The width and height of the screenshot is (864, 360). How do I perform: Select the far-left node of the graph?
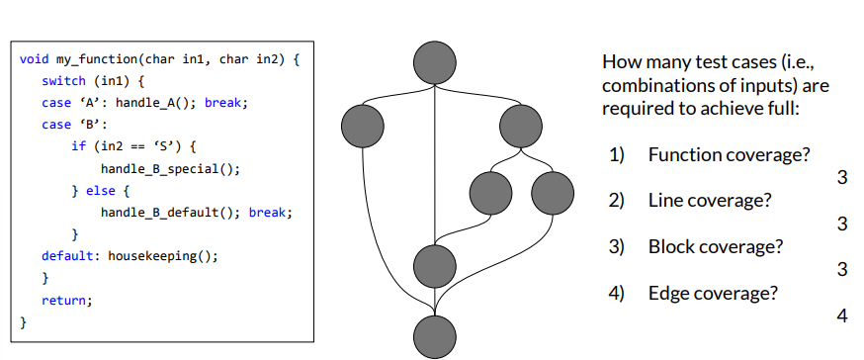pyautogui.click(x=361, y=125)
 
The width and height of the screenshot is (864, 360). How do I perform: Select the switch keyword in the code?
pyautogui.click(x=63, y=81)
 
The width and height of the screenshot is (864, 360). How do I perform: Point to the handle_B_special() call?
pyautogui.click(x=170, y=168)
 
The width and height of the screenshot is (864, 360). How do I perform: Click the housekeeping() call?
pyautogui.click(x=162, y=255)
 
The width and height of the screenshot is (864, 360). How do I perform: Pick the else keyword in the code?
pyautogui.click(x=102, y=190)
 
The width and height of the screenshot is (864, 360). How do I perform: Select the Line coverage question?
pyautogui.click(x=710, y=201)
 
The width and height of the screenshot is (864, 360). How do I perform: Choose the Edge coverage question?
pyautogui.click(x=713, y=293)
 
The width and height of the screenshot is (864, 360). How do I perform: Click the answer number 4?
pyautogui.click(x=842, y=316)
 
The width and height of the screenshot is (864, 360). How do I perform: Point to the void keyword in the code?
pyautogui.click(x=34, y=59)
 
